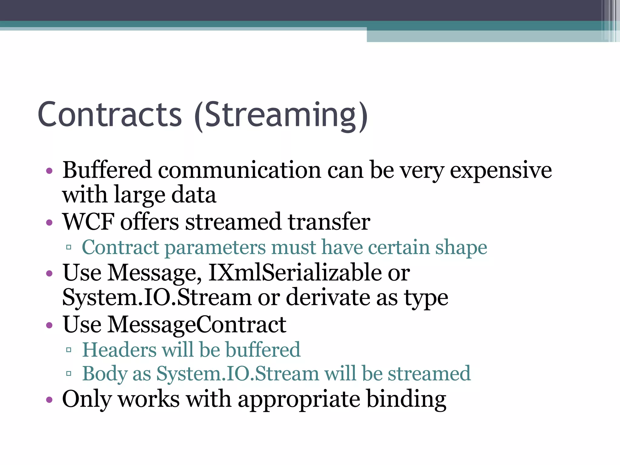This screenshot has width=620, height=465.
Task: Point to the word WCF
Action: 88,222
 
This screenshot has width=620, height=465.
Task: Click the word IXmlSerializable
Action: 295,273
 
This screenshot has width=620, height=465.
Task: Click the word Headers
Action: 120,350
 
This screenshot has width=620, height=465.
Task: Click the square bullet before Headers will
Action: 69,350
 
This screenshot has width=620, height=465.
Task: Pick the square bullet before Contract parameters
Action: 69,248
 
